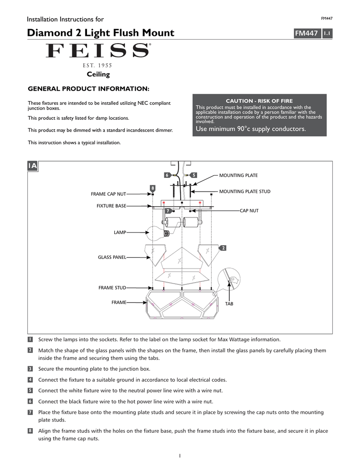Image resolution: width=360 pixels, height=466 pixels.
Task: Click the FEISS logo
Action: click(98, 51)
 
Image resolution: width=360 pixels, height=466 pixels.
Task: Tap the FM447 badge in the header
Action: click(306, 33)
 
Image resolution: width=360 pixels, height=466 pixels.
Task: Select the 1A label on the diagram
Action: click(32, 166)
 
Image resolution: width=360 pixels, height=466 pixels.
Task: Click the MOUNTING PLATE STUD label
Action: click(244, 192)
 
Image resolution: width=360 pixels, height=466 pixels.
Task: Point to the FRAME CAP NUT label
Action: click(108, 194)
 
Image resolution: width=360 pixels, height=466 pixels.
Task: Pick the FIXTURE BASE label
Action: click(111, 206)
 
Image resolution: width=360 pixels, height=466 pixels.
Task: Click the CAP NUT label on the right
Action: click(249, 211)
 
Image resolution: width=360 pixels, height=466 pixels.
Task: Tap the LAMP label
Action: click(120, 233)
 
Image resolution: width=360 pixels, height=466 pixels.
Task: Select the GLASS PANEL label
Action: click(112, 257)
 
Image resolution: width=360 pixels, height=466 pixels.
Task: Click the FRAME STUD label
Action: click(112, 288)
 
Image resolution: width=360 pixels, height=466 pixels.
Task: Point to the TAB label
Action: click(229, 304)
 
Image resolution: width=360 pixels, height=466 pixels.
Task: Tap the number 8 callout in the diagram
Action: click(152, 188)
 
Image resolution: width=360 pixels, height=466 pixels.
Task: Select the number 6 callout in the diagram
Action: click(167, 175)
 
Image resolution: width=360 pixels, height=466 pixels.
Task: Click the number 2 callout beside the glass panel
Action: click(223, 248)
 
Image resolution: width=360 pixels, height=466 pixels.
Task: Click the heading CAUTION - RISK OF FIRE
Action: click(260, 101)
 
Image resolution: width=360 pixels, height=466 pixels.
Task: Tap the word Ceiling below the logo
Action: click(98, 74)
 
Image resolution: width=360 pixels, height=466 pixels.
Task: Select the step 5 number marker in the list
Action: click(30, 390)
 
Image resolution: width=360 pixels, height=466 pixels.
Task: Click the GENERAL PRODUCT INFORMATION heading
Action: click(89, 88)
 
